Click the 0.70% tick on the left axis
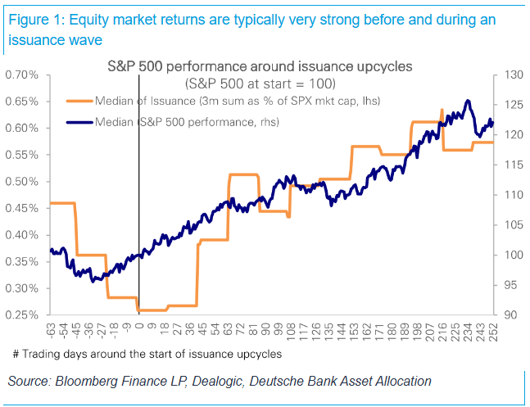click(22, 75)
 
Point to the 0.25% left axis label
click(22, 315)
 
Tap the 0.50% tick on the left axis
click(22, 182)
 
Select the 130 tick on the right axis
click(514, 75)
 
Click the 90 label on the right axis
click(510, 315)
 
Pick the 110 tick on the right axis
click(514, 195)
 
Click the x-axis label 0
click(139, 326)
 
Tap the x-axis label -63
click(51, 331)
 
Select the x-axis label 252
click(493, 332)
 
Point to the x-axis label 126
click(316, 332)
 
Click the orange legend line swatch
click(79, 101)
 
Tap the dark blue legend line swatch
click(79, 122)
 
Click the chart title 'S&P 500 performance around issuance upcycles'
click(260, 66)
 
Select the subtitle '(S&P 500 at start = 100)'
click(260, 84)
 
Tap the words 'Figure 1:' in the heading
click(37, 20)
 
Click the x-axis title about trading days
click(147, 355)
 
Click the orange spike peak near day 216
click(442, 110)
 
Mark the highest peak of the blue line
click(468, 101)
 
